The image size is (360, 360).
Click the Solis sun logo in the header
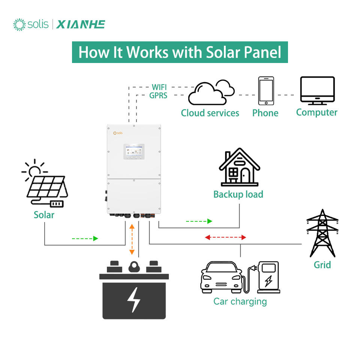click(x=19, y=25)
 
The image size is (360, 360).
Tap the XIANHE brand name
click(x=81, y=25)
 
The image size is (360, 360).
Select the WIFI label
click(x=159, y=87)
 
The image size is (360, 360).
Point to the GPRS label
click(x=158, y=95)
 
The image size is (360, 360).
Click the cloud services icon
click(x=211, y=92)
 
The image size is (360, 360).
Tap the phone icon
click(x=266, y=91)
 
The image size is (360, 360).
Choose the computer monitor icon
click(x=318, y=91)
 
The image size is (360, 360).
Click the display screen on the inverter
click(x=134, y=151)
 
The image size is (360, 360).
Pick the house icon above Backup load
click(x=240, y=167)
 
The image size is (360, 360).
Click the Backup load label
click(x=238, y=195)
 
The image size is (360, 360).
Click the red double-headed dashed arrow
click(x=225, y=237)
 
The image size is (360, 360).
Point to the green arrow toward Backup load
click(x=199, y=221)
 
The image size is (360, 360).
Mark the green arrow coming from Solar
click(x=85, y=238)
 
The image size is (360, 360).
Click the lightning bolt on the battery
click(x=133, y=300)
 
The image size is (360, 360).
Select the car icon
click(x=221, y=277)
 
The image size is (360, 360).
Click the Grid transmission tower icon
click(x=322, y=233)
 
